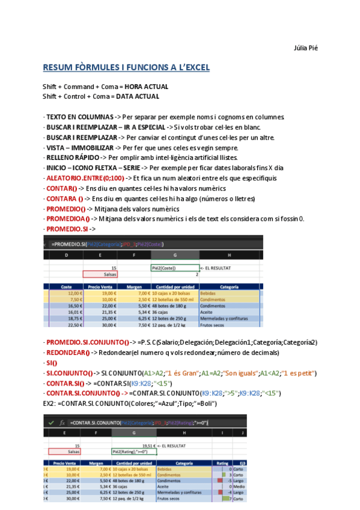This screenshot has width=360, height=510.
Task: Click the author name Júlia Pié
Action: [x=305, y=48]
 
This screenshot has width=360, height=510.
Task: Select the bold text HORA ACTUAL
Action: [x=147, y=87]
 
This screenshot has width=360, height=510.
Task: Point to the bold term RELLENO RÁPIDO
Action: [x=73, y=158]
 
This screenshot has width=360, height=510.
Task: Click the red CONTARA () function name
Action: [x=64, y=198]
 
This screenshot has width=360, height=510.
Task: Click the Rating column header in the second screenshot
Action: [x=222, y=462]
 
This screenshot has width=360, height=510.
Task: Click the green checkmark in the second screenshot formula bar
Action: [x=50, y=423]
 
